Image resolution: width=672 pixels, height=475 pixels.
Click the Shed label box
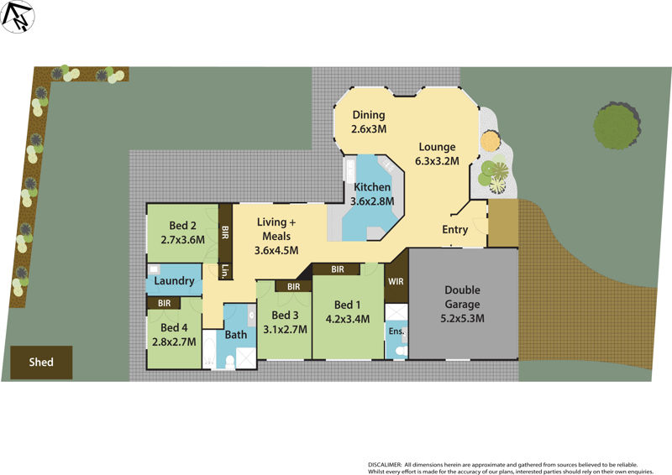pos(41,363)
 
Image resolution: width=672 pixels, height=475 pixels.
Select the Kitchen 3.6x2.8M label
pos(372,194)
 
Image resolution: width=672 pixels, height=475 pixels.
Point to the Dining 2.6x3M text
pos(369,123)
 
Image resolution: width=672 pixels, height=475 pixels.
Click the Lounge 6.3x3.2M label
pos(437,154)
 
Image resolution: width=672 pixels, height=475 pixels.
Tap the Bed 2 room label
pos(182,232)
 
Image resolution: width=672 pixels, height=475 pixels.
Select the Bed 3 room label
pos(285,322)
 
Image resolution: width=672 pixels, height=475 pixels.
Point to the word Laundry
pos(175,281)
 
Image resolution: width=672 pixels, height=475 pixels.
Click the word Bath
pos(236,335)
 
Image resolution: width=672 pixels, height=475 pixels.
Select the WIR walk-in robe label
pos(396,283)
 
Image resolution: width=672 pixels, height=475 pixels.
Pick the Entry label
pos(455,229)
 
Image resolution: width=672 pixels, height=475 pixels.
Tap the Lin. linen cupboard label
pos(225,271)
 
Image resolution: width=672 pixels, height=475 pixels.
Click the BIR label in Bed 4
pos(164,303)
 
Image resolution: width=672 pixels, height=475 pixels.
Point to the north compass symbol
pos(18,16)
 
